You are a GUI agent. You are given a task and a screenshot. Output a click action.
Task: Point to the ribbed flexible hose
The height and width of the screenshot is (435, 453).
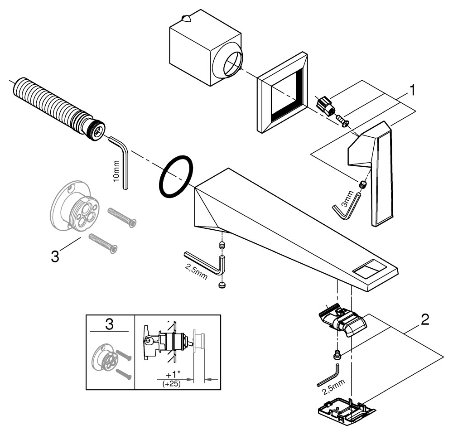point(54,106)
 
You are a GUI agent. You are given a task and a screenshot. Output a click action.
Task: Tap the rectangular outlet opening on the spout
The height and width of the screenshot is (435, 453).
point(368,271)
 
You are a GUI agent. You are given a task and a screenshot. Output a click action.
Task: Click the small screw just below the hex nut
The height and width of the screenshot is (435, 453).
point(342,121)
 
